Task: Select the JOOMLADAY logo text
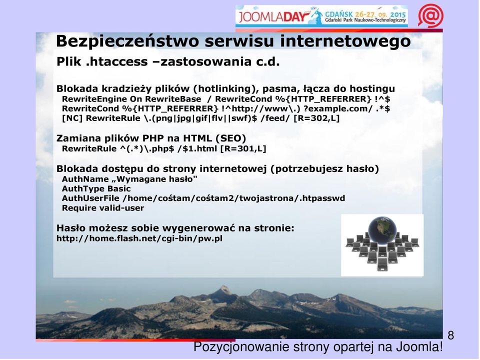[272, 16]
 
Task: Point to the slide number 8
[450, 335]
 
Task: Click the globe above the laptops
[382, 230]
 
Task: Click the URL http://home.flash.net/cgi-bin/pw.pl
[139, 238]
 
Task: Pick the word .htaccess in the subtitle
[116, 62]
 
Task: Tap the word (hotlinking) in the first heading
[226, 89]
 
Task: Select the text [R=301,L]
[243, 149]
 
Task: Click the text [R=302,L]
[316, 118]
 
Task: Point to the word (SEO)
[231, 138]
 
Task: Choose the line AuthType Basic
[96, 188]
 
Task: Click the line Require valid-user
[103, 208]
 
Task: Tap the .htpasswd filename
[322, 198]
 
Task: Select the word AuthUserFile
[90, 198]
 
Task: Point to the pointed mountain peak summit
[225, 286]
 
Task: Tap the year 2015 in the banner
[398, 14]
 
